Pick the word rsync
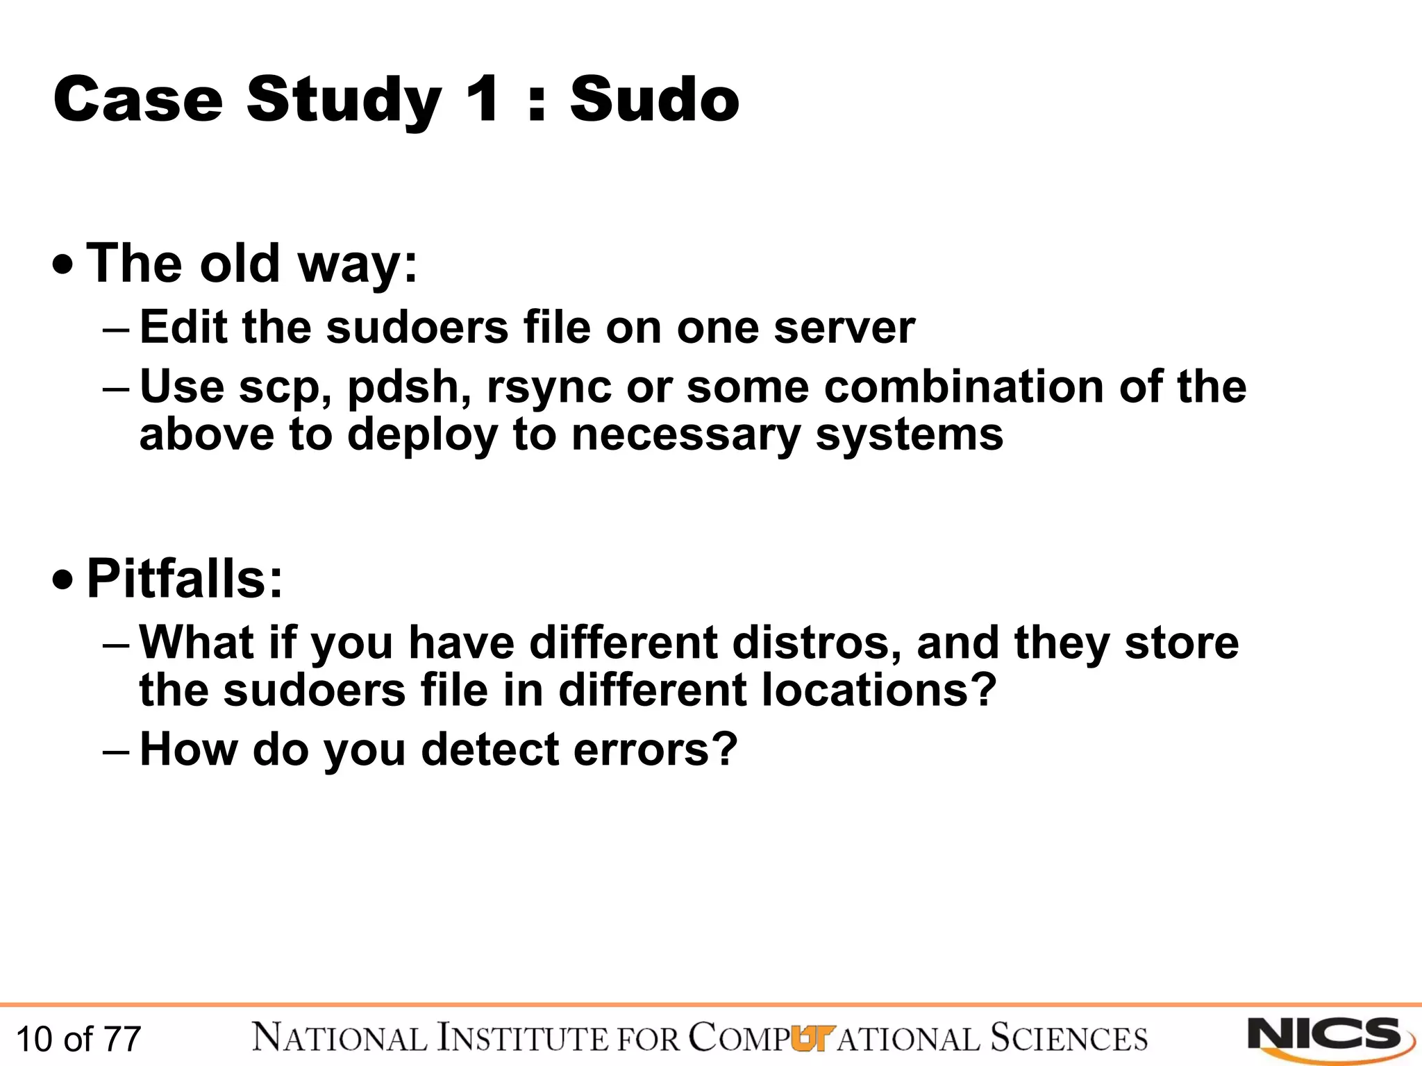click(549, 388)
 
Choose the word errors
click(655, 750)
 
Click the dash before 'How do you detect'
click(115, 751)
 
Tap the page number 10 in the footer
click(33, 1039)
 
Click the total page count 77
click(122, 1039)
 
